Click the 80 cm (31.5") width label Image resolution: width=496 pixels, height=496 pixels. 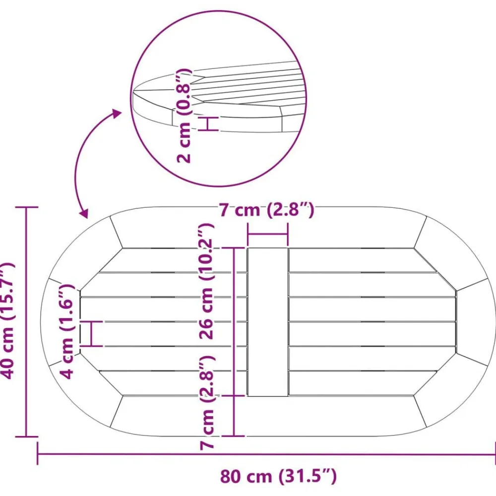click(278, 476)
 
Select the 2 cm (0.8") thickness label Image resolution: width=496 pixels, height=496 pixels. click(184, 116)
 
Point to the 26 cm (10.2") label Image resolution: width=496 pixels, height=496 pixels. click(207, 281)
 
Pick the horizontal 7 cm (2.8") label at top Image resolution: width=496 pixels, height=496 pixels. click(267, 210)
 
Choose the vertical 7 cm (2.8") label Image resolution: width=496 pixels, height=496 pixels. click(207, 402)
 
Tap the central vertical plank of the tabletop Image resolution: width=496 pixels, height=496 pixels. click(268, 322)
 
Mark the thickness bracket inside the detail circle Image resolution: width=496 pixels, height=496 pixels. click(209, 124)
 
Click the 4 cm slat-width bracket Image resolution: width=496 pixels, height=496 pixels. click(91, 334)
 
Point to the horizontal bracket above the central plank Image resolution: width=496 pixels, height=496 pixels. click(268, 235)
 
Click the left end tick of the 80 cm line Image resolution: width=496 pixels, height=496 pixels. click(38, 453)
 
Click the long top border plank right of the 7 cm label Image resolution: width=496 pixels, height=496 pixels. click(364, 228)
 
